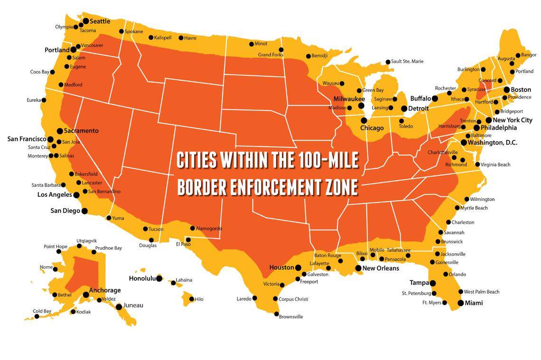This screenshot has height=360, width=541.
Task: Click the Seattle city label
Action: [100, 21]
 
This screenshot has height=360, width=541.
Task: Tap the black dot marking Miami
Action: [460, 303]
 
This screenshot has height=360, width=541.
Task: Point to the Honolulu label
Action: [142, 278]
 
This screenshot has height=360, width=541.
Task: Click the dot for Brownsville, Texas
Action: [276, 314]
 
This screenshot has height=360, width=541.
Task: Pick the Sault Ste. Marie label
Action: [407, 61]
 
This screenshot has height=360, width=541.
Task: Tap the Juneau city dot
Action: [119, 306]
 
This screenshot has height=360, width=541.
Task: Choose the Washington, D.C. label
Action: [493, 142]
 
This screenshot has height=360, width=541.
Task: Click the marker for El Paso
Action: [188, 240]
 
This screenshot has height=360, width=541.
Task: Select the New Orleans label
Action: [381, 268]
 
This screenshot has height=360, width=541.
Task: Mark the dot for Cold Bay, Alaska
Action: [37, 316]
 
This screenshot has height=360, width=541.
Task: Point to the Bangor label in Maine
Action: [528, 55]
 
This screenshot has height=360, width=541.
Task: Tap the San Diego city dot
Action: [84, 211]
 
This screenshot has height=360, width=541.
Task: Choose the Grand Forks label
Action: [270, 55]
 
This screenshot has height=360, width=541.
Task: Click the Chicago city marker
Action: [364, 120]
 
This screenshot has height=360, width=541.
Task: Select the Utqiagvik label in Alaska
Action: [86, 240]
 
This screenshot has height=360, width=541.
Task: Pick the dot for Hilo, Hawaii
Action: [191, 299]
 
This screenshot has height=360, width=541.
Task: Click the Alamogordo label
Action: [209, 229]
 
